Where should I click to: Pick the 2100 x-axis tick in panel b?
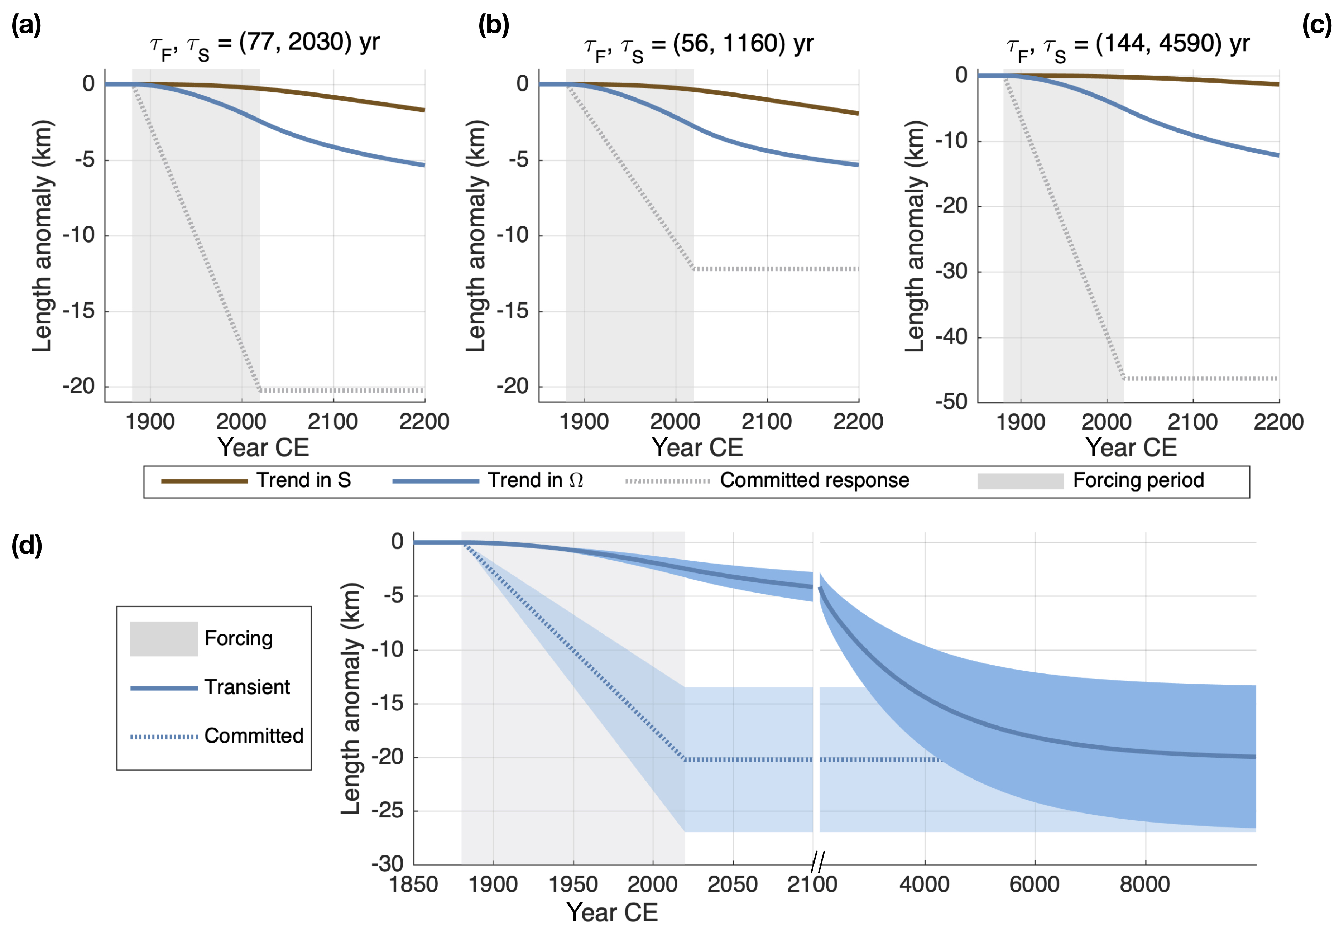pos(767,422)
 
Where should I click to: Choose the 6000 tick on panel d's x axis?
pos(1035,884)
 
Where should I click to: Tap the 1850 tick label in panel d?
pos(414,884)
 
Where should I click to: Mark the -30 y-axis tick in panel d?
pos(388,864)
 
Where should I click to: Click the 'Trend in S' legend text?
pos(303,480)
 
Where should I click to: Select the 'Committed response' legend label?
pos(814,480)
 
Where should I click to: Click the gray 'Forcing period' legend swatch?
pos(1020,481)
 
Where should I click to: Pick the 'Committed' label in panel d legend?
pos(254,736)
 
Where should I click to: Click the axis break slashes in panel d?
pos(817,862)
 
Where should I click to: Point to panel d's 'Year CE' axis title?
pos(612,912)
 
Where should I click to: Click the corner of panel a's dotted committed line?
pos(260,390)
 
